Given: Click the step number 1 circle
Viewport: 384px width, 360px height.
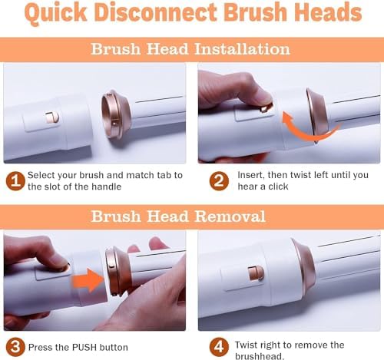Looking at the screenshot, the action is click(15, 181).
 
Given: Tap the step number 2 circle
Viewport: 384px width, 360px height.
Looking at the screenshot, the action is click(219, 181).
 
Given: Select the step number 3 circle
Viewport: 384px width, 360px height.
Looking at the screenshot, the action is click(15, 347).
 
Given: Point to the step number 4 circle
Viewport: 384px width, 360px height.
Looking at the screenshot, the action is click(219, 347).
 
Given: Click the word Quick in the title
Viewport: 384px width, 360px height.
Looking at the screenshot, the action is click(56, 12).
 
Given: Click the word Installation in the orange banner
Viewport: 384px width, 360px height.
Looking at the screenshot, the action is click(242, 48).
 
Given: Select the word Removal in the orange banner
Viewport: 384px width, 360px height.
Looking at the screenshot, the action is click(230, 216).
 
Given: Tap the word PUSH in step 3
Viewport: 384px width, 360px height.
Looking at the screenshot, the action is click(84, 348).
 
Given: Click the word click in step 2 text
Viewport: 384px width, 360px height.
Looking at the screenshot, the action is click(278, 187).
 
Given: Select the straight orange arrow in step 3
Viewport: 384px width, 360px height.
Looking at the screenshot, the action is click(88, 280).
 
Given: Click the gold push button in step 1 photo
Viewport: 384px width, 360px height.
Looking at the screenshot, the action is click(52, 117).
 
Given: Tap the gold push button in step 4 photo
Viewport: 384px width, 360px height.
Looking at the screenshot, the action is click(256, 273).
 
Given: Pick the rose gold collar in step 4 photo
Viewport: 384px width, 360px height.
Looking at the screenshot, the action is click(304, 267).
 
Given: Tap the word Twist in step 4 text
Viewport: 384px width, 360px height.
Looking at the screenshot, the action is click(245, 345).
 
